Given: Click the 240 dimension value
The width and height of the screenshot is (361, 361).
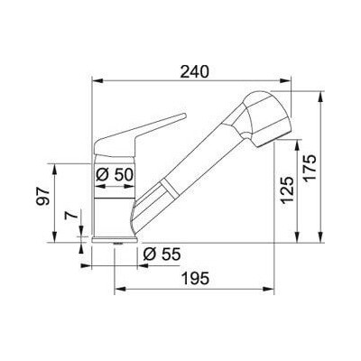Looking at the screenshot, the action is [194, 72].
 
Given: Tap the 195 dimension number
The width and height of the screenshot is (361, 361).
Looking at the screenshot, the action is [195, 278].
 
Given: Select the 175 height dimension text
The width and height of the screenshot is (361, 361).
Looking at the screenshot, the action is [310, 167].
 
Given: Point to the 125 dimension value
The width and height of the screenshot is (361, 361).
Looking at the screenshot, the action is [287, 190].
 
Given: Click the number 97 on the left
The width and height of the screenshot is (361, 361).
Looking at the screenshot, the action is [42, 196].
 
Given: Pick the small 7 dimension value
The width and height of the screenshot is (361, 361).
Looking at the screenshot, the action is [70, 216].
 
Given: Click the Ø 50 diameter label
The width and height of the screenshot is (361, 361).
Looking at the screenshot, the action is [115, 174].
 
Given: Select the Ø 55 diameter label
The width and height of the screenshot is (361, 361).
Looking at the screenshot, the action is [162, 255].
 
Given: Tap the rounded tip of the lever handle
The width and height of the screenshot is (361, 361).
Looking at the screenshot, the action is [184, 116].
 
